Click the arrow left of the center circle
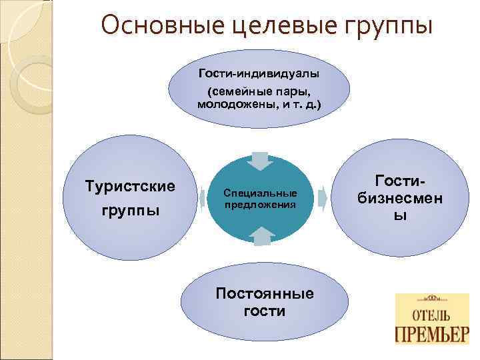[x=203, y=197]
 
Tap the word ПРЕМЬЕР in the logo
[x=433, y=334]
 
